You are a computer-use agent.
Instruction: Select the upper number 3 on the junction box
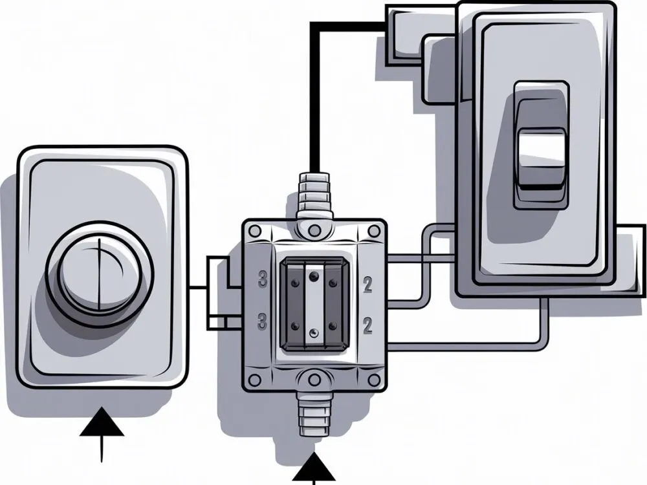[263, 281]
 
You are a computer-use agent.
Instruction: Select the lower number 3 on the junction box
[263, 319]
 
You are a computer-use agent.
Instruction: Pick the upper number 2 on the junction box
[367, 283]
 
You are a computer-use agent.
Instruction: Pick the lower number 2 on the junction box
[367, 325]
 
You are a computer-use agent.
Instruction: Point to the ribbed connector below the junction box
[314, 415]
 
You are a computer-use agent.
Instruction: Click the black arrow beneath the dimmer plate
[102, 427]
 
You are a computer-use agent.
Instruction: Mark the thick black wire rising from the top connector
[315, 97]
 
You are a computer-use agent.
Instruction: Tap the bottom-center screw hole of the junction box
[314, 380]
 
